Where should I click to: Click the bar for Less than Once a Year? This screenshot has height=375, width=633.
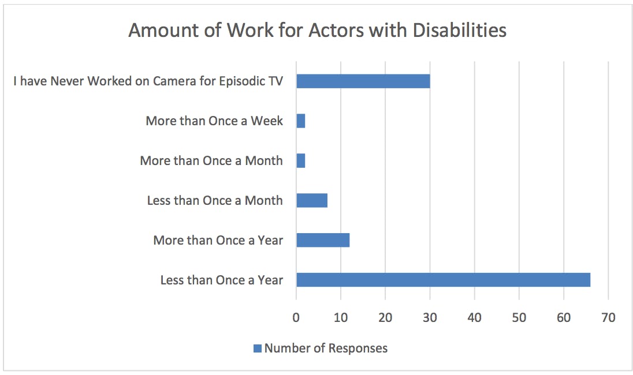[x=443, y=280]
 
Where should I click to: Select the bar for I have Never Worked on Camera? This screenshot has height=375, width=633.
[x=363, y=81]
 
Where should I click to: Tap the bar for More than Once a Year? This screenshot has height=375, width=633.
[x=322, y=240]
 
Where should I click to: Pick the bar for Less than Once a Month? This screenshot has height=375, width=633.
[x=311, y=200]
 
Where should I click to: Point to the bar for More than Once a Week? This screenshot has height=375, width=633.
[x=300, y=121]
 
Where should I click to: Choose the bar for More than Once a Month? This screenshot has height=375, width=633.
[x=300, y=160]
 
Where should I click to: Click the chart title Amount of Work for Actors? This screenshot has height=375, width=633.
[x=317, y=30]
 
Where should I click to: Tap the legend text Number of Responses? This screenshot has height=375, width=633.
[x=326, y=348]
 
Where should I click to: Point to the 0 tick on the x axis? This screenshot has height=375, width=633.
[x=296, y=317]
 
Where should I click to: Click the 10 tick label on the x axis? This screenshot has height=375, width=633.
[x=341, y=317]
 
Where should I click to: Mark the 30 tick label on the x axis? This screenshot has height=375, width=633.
[x=430, y=317]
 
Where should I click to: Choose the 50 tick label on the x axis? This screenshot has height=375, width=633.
[x=519, y=317]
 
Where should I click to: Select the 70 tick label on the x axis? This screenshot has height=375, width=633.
[x=608, y=317]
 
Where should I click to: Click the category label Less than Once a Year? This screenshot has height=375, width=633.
[x=222, y=280]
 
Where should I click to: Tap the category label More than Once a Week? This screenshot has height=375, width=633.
[x=214, y=121]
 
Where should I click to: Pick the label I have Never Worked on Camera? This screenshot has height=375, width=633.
[x=148, y=81]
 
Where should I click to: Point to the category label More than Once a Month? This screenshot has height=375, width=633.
[x=211, y=160]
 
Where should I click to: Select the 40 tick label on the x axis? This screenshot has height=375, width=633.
[x=474, y=317]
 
